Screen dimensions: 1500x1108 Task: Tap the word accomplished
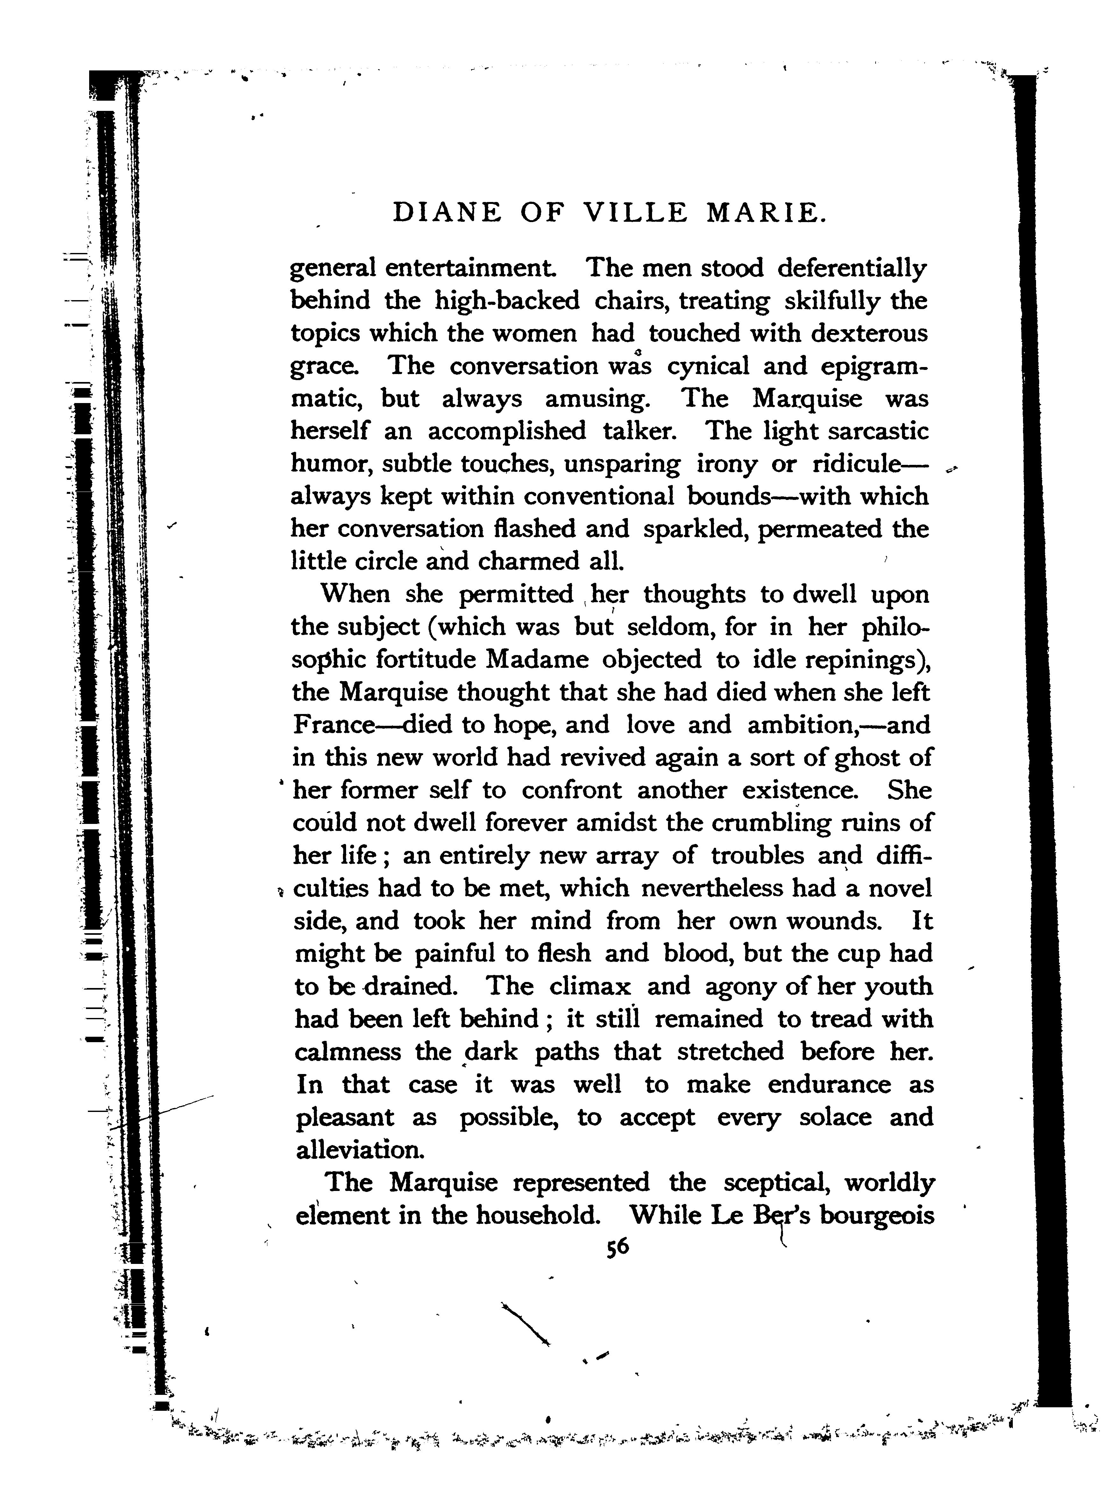[506, 431]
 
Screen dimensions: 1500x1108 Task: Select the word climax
[590, 987]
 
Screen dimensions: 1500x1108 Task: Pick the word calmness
[348, 1052]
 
